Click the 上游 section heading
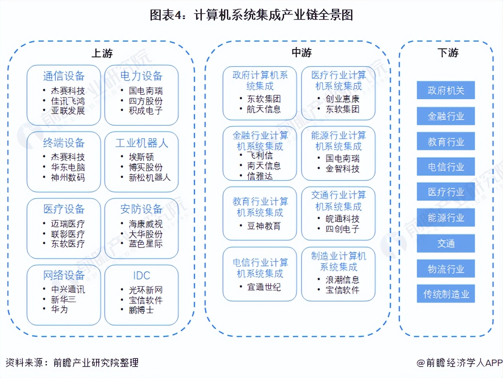tap(102, 53)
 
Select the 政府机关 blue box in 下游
tap(446, 90)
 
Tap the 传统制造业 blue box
tap(446, 294)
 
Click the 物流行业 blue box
tap(446, 269)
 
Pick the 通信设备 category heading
tap(64, 76)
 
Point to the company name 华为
tap(59, 309)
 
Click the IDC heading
tap(141, 275)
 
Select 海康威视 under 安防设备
tap(145, 224)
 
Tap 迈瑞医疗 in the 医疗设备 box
tap(68, 224)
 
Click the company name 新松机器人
tap(149, 178)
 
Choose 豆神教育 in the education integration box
tap(264, 226)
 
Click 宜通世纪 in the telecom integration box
tap(264, 287)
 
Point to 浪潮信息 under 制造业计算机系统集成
tap(342, 280)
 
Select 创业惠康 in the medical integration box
tap(342, 99)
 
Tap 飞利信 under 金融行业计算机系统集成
tap(260, 156)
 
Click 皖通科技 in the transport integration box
tap(342, 219)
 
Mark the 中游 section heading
tap(301, 53)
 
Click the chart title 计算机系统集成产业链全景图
tap(274, 15)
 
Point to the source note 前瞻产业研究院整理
tap(96, 363)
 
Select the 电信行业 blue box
tap(446, 167)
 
